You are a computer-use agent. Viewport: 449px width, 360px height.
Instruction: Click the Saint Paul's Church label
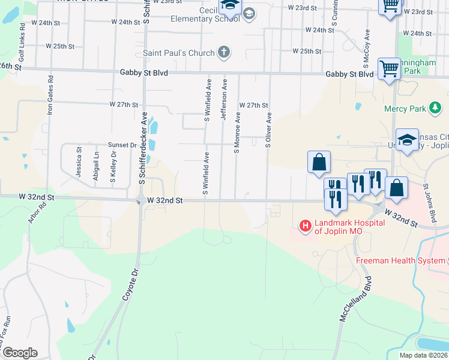point(178,53)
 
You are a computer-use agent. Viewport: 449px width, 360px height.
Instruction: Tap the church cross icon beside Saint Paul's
point(223,52)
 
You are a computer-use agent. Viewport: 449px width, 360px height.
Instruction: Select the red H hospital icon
point(306,226)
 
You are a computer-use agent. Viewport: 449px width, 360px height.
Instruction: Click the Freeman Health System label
point(400,260)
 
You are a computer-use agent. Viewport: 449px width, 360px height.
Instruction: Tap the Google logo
point(20,353)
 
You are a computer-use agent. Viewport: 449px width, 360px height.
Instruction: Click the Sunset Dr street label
point(122,145)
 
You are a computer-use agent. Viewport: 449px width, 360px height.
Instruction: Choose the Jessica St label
point(79,161)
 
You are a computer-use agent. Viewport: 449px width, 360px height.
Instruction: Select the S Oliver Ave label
point(268,130)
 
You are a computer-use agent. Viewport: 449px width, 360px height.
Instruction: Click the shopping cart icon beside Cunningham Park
point(389,70)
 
